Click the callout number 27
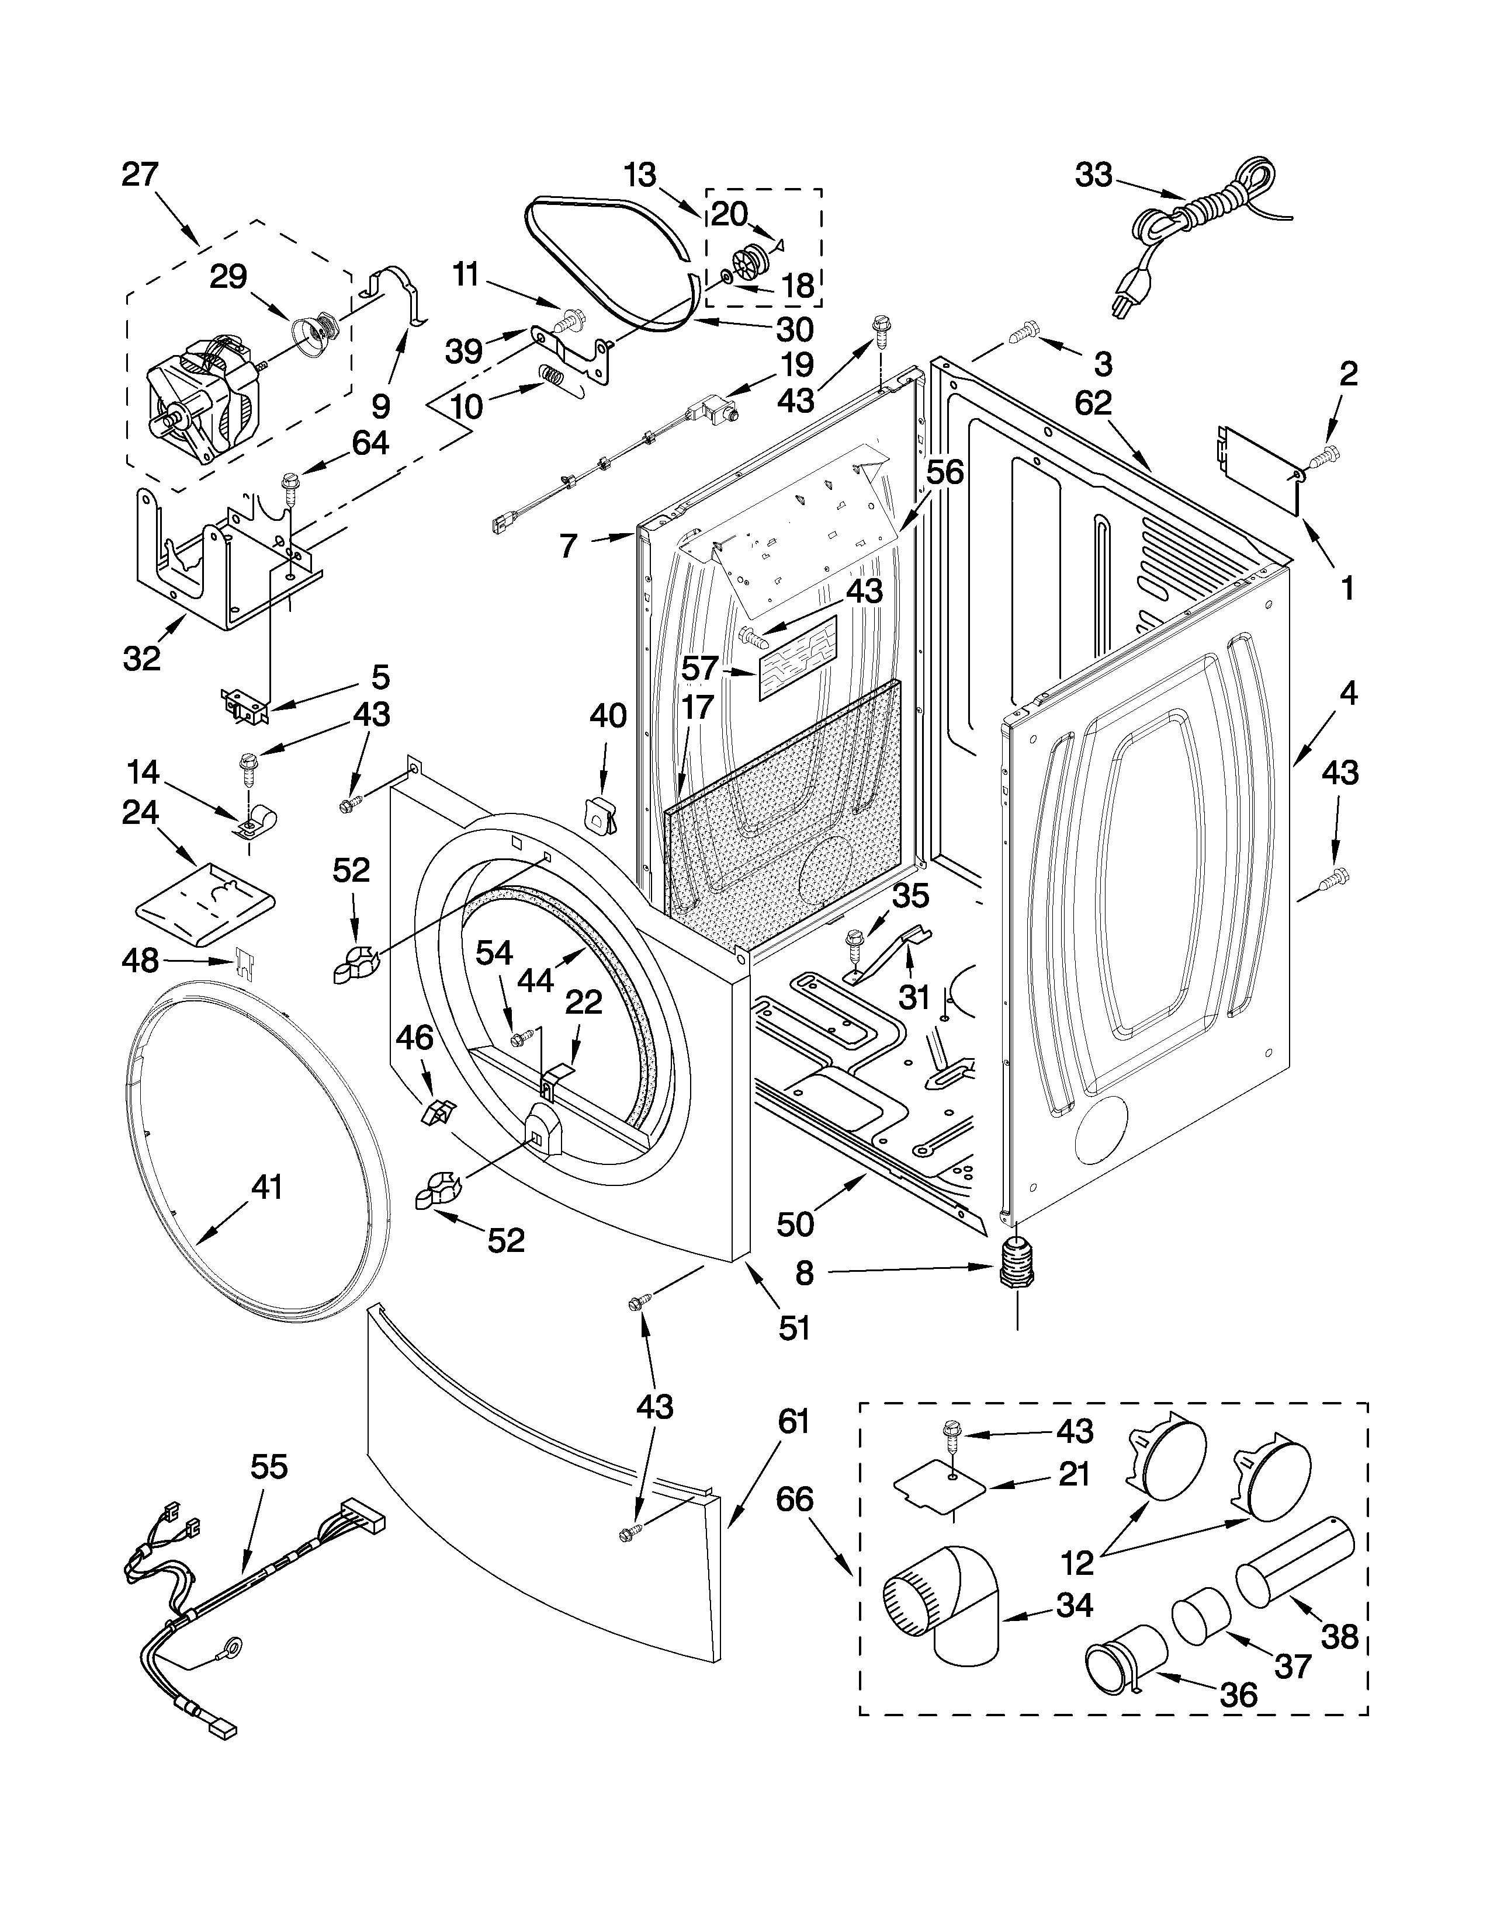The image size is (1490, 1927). [140, 174]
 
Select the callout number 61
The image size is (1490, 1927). [793, 1422]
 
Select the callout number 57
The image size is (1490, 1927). [700, 668]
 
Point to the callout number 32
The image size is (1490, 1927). [142, 658]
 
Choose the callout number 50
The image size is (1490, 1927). [795, 1224]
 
